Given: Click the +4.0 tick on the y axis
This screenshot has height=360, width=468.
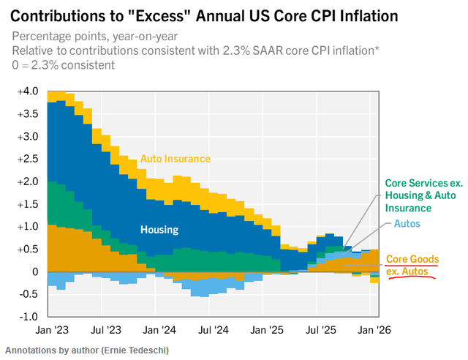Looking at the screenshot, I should tap(26, 91).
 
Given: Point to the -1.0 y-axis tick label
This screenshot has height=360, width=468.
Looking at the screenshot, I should tap(27, 317).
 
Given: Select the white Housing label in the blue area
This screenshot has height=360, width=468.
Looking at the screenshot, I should tap(159, 229).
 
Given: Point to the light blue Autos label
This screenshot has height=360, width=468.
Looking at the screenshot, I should tap(407, 222).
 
